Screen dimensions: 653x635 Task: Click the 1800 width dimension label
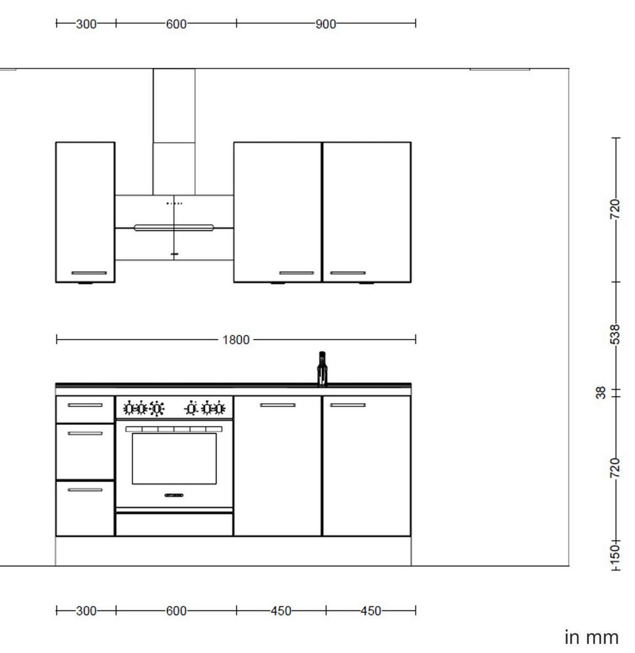(x=235, y=340)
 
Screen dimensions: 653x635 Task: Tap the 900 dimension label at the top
(x=325, y=24)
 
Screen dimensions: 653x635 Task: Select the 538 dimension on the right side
(x=614, y=334)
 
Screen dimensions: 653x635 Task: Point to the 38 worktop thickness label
(x=601, y=393)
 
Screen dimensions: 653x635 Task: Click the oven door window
(x=174, y=458)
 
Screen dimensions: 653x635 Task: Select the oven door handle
(x=174, y=496)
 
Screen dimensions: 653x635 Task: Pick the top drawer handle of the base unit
(x=85, y=405)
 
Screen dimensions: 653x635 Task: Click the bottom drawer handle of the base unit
(x=85, y=490)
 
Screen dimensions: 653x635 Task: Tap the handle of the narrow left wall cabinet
(x=89, y=273)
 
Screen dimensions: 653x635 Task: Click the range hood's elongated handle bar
(x=174, y=228)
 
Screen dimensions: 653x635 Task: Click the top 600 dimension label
(x=176, y=24)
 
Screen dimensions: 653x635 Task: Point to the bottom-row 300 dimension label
(x=86, y=611)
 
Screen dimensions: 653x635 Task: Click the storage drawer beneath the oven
(x=174, y=524)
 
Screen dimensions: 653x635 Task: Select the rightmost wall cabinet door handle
(x=348, y=273)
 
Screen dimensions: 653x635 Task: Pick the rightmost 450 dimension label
(x=370, y=611)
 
